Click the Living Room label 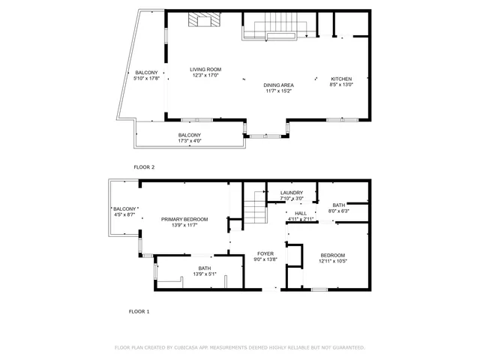[205, 69]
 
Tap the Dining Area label [278, 85]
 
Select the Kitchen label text [341, 79]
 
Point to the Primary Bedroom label [184, 219]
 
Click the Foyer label [266, 253]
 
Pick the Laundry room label [291, 193]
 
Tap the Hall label [301, 213]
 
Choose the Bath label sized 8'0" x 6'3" [338, 205]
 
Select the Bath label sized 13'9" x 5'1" [205, 268]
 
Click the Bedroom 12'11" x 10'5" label [333, 254]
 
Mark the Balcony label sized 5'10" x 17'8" [146, 73]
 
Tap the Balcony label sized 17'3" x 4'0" [189, 135]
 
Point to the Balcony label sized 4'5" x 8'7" [124, 208]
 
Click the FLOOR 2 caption [144, 167]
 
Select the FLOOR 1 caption [139, 310]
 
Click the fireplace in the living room [201, 20]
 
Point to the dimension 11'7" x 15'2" [278, 91]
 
